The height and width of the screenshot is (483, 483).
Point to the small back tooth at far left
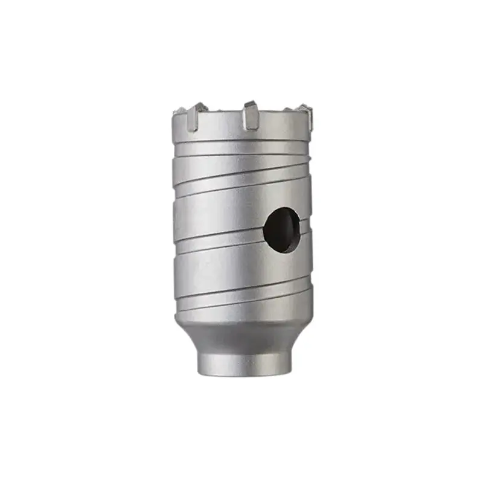[x=179, y=111]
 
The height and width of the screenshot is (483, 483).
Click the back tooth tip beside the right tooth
[x=289, y=109]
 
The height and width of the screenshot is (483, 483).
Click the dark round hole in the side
[x=282, y=229]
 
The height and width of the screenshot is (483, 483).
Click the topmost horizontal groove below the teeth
[x=241, y=143]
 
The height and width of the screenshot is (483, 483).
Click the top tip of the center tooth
[x=250, y=103]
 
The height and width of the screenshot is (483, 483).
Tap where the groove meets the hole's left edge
[x=265, y=232]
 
